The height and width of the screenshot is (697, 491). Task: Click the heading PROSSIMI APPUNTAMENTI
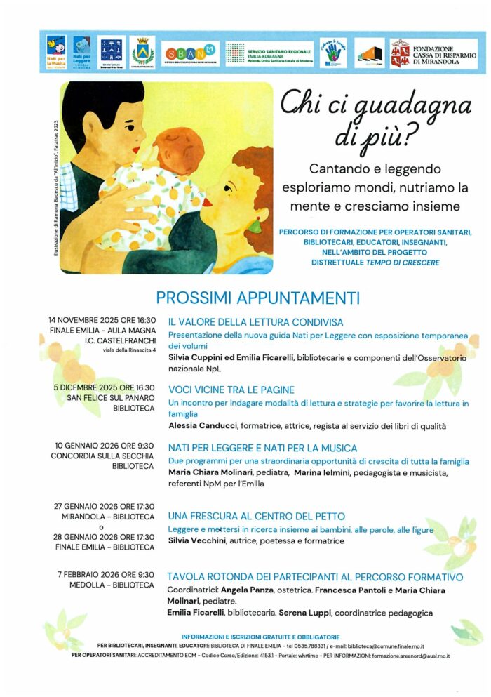(x=257, y=297)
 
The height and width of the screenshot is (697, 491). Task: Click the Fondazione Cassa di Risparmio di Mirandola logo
(x=433, y=54)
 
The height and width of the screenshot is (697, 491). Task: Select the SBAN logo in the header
(x=190, y=54)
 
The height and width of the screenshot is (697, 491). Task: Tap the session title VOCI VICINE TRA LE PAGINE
(x=231, y=390)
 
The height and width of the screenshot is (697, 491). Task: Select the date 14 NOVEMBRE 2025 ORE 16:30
(x=102, y=320)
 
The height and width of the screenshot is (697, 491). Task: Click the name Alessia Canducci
(x=201, y=425)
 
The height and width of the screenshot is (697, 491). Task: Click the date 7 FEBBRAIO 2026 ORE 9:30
(x=106, y=574)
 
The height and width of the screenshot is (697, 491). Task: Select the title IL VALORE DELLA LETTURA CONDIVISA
(x=255, y=322)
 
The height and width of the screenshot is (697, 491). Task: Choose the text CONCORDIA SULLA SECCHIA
(x=102, y=456)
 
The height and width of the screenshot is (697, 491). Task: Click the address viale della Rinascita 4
(x=129, y=350)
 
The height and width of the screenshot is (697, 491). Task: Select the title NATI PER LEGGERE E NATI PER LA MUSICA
(x=262, y=448)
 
